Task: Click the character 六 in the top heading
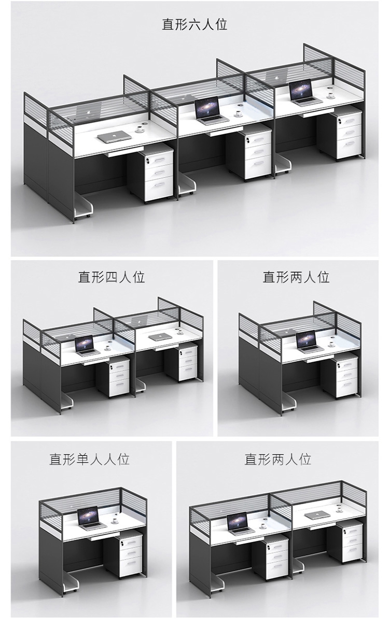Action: [x=195, y=24]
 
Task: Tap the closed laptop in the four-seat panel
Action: [x=158, y=337]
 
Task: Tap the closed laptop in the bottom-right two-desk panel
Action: [x=317, y=515]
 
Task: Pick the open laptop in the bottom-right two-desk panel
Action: [x=239, y=523]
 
